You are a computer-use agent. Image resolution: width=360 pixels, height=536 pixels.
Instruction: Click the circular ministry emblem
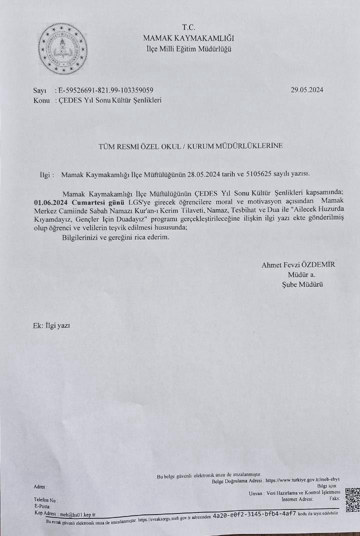pyautogui.click(x=63, y=49)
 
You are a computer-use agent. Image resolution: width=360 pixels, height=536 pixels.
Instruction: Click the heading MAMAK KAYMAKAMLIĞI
pyautogui.click(x=188, y=38)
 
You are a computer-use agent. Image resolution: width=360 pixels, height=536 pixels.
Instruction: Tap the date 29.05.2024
pyautogui.click(x=307, y=90)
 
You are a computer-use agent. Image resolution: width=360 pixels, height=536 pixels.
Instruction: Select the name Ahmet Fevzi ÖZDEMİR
pyautogui.click(x=298, y=265)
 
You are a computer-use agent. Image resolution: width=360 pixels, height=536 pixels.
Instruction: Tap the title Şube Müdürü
pyautogui.click(x=302, y=284)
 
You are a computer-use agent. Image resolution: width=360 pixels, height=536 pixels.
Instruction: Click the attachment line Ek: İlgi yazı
pyautogui.click(x=51, y=325)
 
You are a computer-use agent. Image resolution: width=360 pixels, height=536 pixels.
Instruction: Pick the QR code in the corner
pyautogui.click(x=352, y=500)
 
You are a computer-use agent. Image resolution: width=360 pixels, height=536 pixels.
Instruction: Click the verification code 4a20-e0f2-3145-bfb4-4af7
pyautogui.click(x=254, y=514)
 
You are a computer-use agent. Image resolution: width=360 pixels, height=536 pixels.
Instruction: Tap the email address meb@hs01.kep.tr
pyautogui.click(x=77, y=514)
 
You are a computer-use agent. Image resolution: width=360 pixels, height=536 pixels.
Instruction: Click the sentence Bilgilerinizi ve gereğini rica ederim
pyautogui.click(x=115, y=237)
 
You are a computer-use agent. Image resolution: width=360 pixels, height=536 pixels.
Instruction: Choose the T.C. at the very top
pyautogui.click(x=189, y=28)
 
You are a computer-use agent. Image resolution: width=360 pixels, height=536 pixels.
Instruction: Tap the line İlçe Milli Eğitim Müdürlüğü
pyautogui.click(x=188, y=49)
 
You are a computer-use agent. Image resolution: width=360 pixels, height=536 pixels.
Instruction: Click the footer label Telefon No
pyautogui.click(x=45, y=500)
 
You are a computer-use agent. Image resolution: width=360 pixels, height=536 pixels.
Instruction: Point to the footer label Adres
pyautogui.click(x=39, y=486)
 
